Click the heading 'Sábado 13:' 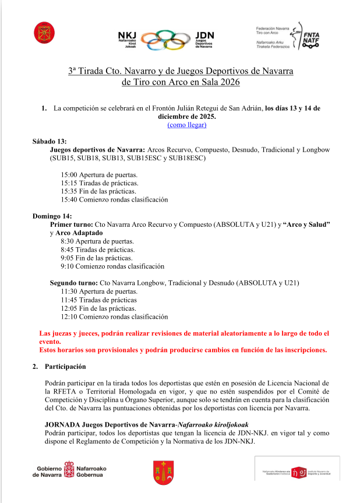tap(50, 142)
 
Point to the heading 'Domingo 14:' tap(52, 216)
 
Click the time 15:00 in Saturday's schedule tap(69, 175)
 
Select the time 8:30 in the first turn tap(68, 241)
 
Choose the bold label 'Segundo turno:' tap(74, 283)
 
